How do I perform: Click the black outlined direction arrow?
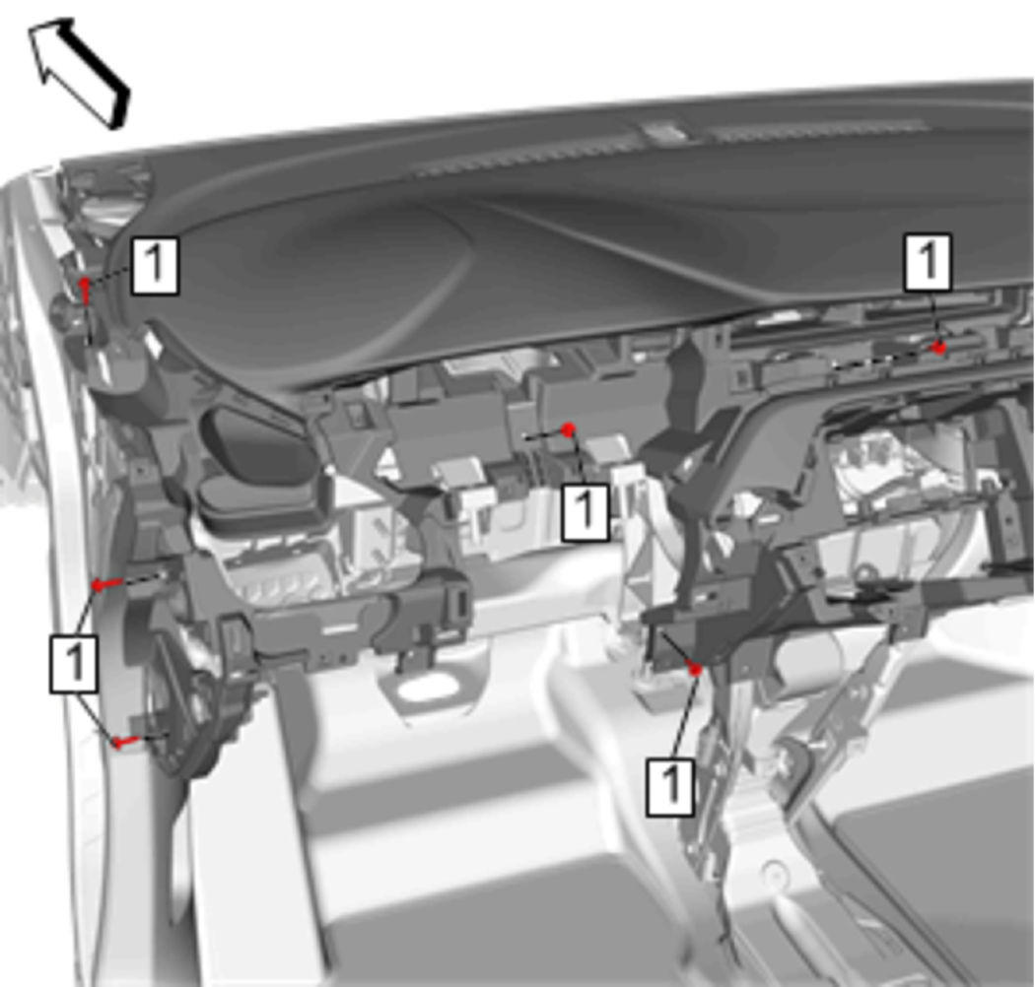[78, 72]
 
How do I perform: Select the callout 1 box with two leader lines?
[74, 664]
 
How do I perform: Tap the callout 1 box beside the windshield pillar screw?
[155, 265]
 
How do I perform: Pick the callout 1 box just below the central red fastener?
[585, 512]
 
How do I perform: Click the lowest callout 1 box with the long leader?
[670, 787]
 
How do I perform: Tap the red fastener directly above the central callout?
[569, 429]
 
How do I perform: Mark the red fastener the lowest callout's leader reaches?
[695, 670]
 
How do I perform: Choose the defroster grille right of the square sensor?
[818, 130]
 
